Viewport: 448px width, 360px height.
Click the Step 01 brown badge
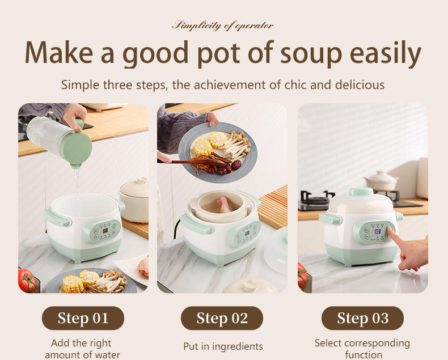[x=83, y=318]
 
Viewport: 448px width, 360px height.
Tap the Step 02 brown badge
[x=222, y=318]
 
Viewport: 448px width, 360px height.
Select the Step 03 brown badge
[x=362, y=318]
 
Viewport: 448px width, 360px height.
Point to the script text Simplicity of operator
[x=222, y=26]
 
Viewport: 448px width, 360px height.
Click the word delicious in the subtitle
[x=360, y=85]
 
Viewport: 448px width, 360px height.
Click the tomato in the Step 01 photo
[x=27, y=280]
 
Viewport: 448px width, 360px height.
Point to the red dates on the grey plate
[x=225, y=168]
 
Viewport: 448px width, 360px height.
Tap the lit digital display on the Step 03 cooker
[x=377, y=231]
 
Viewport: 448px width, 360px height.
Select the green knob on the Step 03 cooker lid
[x=361, y=191]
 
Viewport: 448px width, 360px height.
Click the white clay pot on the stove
[x=381, y=181]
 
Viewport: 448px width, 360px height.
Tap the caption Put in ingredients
[x=223, y=346]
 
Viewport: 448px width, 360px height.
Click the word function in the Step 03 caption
[x=364, y=355]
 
